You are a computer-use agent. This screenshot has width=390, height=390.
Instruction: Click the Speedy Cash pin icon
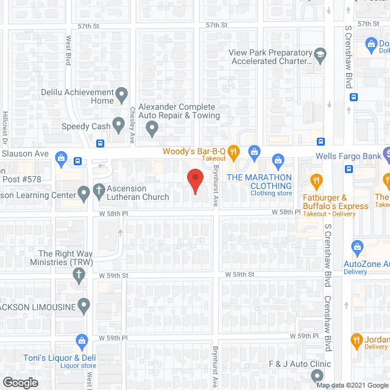121,127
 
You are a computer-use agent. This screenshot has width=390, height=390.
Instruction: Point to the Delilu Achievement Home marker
122,94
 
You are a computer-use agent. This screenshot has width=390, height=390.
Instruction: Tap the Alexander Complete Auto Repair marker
152,129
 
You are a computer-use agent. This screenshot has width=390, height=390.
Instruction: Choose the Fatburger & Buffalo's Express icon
316,180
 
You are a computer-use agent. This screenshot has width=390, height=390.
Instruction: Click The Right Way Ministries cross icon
77,275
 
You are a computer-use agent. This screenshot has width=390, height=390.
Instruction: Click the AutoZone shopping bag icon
356,247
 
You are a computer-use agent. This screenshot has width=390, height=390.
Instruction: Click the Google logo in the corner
19,383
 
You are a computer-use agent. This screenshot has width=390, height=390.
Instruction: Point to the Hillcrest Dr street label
5,126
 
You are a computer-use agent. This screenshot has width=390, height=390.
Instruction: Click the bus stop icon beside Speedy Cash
100,144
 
